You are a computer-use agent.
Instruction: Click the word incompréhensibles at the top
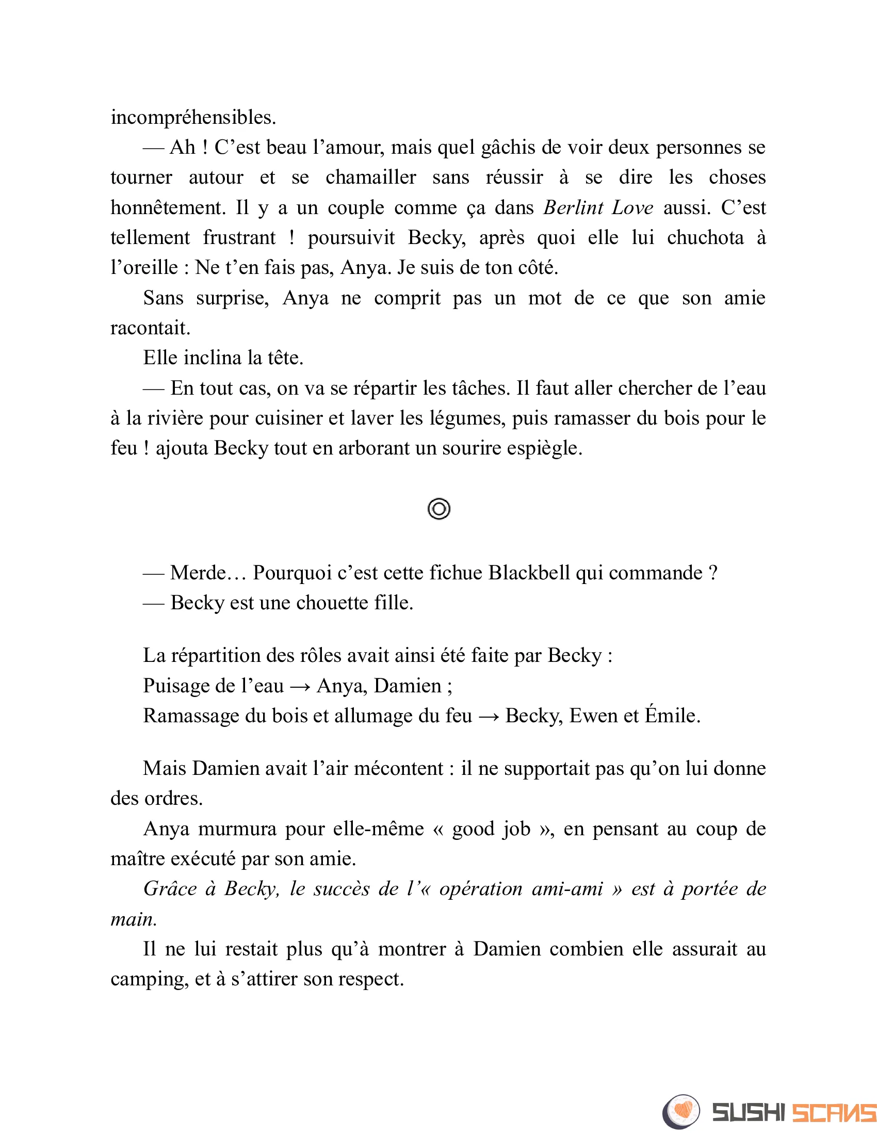point(193,118)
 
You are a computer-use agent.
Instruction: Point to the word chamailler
point(370,178)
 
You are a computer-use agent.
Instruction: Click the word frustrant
point(239,238)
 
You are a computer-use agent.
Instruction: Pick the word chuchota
point(705,238)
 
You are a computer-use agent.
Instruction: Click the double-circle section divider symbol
point(438,509)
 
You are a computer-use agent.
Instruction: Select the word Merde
point(198,573)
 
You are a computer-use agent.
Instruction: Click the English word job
point(515,830)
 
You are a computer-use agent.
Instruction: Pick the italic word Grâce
point(170,889)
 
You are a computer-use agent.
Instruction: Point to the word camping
point(149,980)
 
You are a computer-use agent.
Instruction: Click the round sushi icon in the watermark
point(681,1112)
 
